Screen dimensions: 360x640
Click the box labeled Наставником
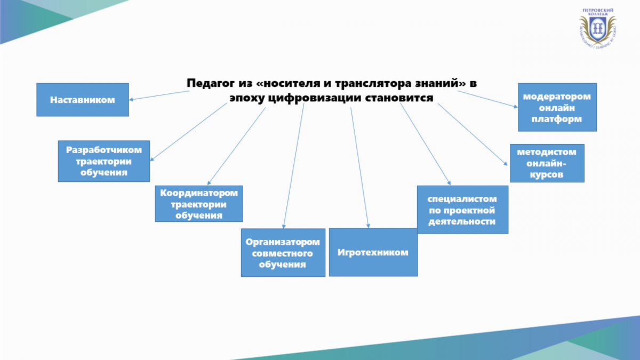click(x=83, y=100)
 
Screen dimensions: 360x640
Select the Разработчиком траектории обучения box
click(x=103, y=161)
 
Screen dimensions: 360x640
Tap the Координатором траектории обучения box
click(x=199, y=203)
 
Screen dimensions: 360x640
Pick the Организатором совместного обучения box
click(x=283, y=253)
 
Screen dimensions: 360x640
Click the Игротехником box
click(x=373, y=252)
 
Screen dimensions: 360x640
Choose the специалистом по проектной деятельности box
click(x=462, y=210)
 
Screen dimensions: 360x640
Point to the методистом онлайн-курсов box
click(x=547, y=163)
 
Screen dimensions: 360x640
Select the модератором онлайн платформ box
click(x=557, y=107)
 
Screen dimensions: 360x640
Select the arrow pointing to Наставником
click(x=160, y=95)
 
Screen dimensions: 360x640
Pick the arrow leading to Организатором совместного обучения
click(x=294, y=165)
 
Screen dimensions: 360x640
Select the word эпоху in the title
click(x=246, y=98)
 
